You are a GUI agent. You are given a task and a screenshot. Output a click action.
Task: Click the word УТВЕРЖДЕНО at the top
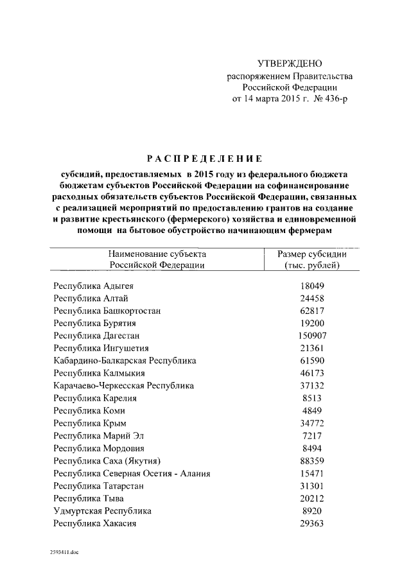click(x=289, y=64)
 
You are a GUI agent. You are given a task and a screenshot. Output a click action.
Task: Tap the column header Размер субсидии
click(x=311, y=254)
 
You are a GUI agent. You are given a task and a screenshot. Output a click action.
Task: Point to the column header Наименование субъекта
click(x=157, y=254)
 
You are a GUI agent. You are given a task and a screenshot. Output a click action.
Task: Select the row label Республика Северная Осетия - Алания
click(x=133, y=473)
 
